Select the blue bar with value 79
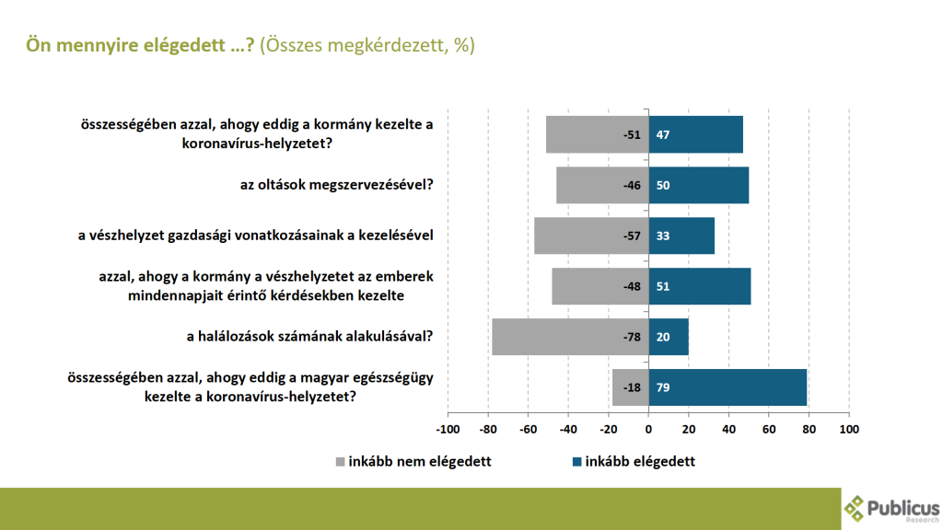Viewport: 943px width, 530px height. (728, 387)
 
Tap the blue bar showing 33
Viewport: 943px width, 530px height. (681, 236)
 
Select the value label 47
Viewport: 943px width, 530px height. (662, 134)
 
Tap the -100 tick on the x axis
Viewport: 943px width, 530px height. (447, 430)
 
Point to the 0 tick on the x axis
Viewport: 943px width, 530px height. (648, 430)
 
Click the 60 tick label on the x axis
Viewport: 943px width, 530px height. (769, 430)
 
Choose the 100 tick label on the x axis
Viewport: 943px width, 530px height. (848, 430)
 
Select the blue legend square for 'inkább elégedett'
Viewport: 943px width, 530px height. (577, 462)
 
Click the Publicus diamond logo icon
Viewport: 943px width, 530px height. (855, 507)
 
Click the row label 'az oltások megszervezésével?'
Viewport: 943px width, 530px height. (337, 185)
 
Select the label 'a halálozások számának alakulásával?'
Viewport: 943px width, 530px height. (309, 337)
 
